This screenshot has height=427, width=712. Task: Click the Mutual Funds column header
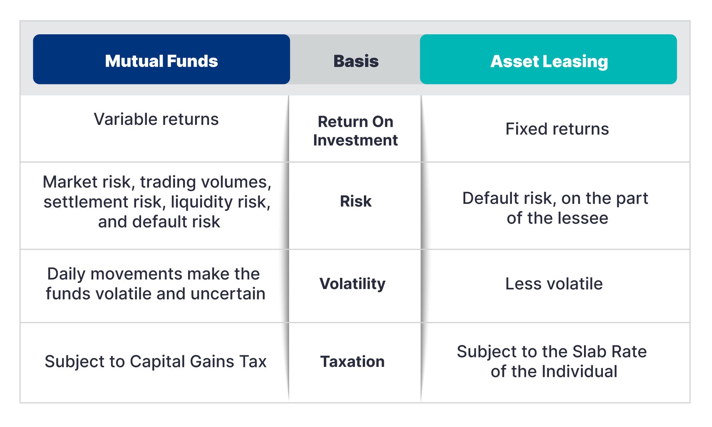point(162,59)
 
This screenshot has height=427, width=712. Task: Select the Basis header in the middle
point(356,61)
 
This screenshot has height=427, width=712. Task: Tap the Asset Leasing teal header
point(548,59)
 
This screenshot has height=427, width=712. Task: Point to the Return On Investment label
point(355,131)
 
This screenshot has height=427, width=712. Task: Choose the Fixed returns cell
point(557,129)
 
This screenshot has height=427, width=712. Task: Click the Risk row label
point(356,201)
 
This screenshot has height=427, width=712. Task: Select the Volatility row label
point(353,284)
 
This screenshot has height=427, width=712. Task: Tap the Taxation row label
point(353,361)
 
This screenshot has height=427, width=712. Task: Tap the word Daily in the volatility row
point(66,274)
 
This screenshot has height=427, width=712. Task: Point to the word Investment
point(355,140)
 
